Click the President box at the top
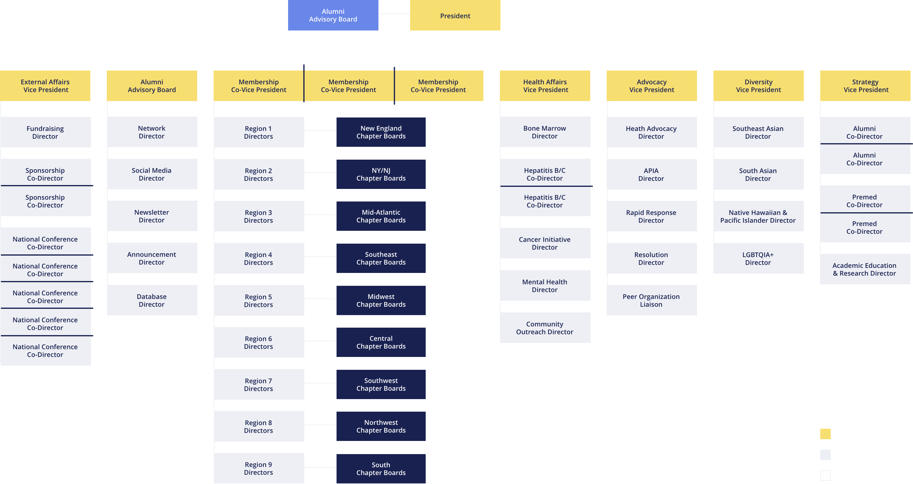pyautogui.click(x=455, y=15)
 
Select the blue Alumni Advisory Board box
pyautogui.click(x=333, y=15)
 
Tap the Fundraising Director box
pyautogui.click(x=46, y=132)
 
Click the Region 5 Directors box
pyautogui.click(x=259, y=300)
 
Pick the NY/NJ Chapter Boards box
pyautogui.click(x=381, y=174)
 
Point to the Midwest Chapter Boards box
pyautogui.click(x=381, y=300)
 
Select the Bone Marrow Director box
pyautogui.click(x=545, y=132)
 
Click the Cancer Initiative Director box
pyautogui.click(x=545, y=243)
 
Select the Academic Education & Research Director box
pyautogui.click(x=865, y=269)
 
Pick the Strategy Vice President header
pyautogui.click(x=865, y=86)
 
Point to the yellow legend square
pyautogui.click(x=825, y=434)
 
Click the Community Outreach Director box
pyautogui.click(x=545, y=328)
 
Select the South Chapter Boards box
pyautogui.click(x=381, y=469)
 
